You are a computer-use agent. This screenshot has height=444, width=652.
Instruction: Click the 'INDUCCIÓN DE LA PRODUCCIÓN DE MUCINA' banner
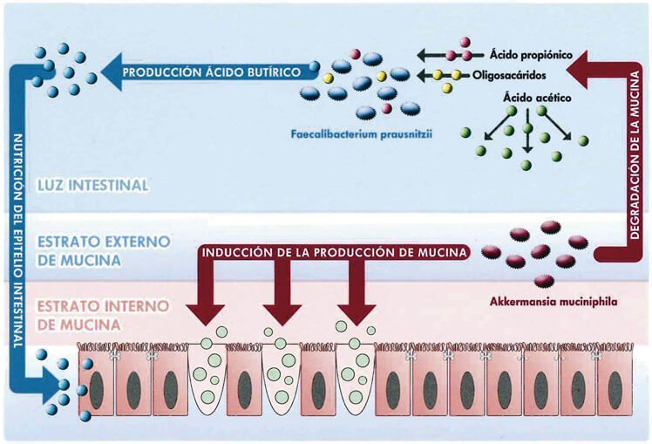click(331, 254)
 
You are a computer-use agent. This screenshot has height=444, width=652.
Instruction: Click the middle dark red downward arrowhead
click(281, 313)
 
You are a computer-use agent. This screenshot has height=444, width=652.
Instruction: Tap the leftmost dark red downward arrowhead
click(207, 313)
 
